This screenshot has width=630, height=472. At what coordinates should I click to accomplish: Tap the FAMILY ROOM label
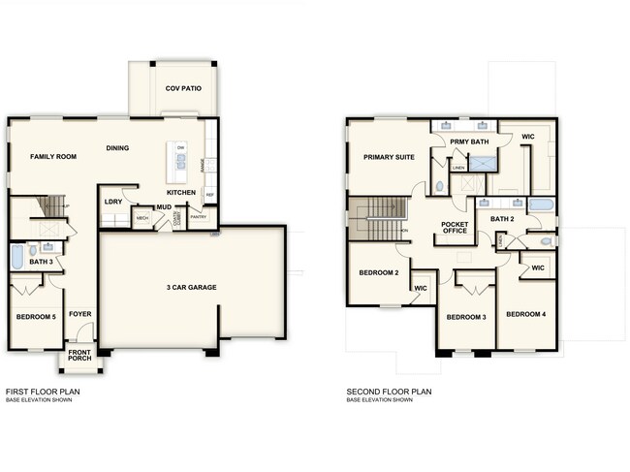pos(53,156)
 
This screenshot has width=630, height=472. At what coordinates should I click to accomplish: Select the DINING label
pos(118,148)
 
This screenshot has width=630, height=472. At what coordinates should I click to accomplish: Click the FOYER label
pos(79,314)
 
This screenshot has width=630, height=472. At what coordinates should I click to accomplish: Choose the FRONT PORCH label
pos(79,356)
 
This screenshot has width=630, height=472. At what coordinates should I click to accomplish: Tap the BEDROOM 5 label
pos(36,317)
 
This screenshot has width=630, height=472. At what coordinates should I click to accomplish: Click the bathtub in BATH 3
pos(16,257)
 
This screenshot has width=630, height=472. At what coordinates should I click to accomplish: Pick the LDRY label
pos(112,202)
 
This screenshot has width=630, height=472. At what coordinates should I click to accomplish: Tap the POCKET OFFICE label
pos(455,227)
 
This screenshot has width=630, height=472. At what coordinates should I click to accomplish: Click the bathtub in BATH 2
pos(541,205)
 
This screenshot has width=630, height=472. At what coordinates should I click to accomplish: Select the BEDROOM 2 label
pos(379,272)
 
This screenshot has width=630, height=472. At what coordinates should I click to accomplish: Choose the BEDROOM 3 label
pos(465,317)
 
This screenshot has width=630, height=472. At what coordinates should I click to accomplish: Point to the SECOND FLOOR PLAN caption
pos(389,392)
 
